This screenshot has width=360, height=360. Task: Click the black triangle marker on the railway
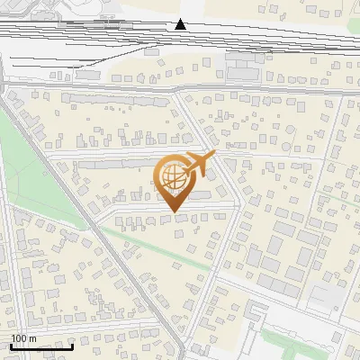[181, 24]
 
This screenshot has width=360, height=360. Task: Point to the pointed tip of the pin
[172, 212]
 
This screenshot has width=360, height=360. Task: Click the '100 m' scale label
[23, 338]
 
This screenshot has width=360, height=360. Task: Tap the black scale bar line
[41, 346]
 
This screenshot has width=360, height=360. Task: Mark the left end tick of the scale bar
[11, 345]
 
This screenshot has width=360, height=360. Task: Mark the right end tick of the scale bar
[73, 345]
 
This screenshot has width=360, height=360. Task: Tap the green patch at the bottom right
[288, 343]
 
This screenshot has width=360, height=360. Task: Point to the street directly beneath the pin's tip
[172, 215]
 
